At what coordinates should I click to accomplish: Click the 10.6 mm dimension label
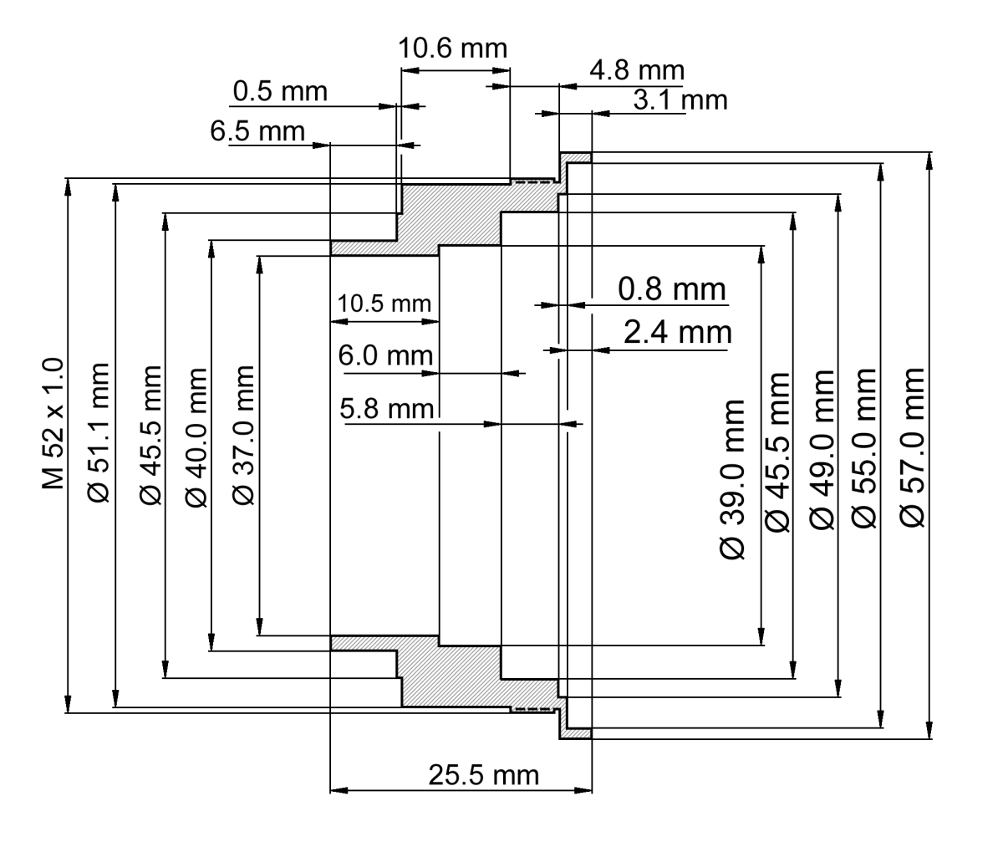452,48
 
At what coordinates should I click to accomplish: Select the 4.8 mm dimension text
636,70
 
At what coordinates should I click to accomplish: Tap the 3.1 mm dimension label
680,101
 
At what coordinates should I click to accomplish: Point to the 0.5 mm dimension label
280,91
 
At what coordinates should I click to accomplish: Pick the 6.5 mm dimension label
257,131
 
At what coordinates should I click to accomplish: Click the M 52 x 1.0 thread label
53,424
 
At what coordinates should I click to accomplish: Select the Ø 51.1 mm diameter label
99,432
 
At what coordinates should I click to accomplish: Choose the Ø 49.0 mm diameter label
822,449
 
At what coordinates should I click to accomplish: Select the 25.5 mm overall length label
483,775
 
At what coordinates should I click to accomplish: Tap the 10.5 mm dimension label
384,304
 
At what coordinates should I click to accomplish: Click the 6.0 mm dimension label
385,356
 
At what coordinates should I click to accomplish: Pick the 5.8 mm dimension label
387,410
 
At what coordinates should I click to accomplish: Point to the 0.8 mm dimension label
672,290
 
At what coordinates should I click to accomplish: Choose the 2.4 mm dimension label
677,333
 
